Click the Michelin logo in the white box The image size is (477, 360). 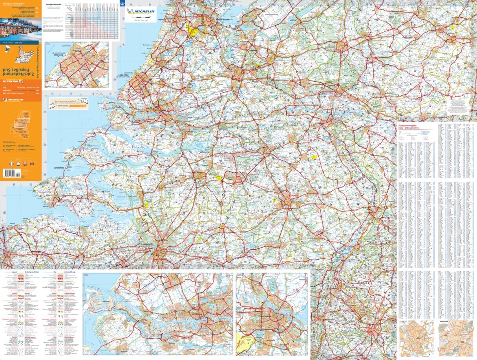[x=140, y=11]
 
